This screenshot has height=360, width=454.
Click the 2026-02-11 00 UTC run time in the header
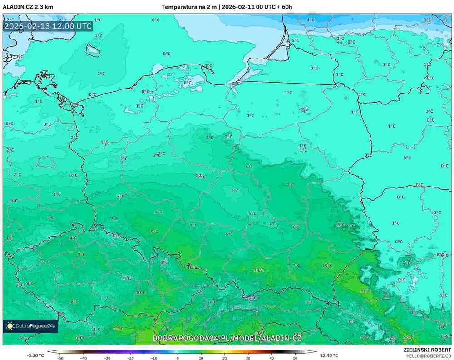click(248, 7)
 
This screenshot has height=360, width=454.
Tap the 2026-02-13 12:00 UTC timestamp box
click(48, 26)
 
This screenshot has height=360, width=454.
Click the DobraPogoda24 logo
click(30, 326)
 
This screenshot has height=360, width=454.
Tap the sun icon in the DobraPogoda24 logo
click(10, 326)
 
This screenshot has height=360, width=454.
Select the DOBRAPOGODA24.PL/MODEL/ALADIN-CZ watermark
click(227, 338)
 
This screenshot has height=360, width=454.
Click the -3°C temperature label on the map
click(426, 20)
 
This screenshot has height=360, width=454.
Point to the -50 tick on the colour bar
click(59, 358)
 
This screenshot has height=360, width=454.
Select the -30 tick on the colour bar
click(107, 358)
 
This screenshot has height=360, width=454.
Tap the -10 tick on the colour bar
click(154, 358)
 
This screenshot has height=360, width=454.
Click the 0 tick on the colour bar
click(178, 358)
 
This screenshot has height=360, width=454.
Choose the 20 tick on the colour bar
click(224, 358)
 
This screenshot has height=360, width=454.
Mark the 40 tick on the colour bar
click(271, 358)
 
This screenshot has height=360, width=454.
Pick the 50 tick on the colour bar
click(295, 358)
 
